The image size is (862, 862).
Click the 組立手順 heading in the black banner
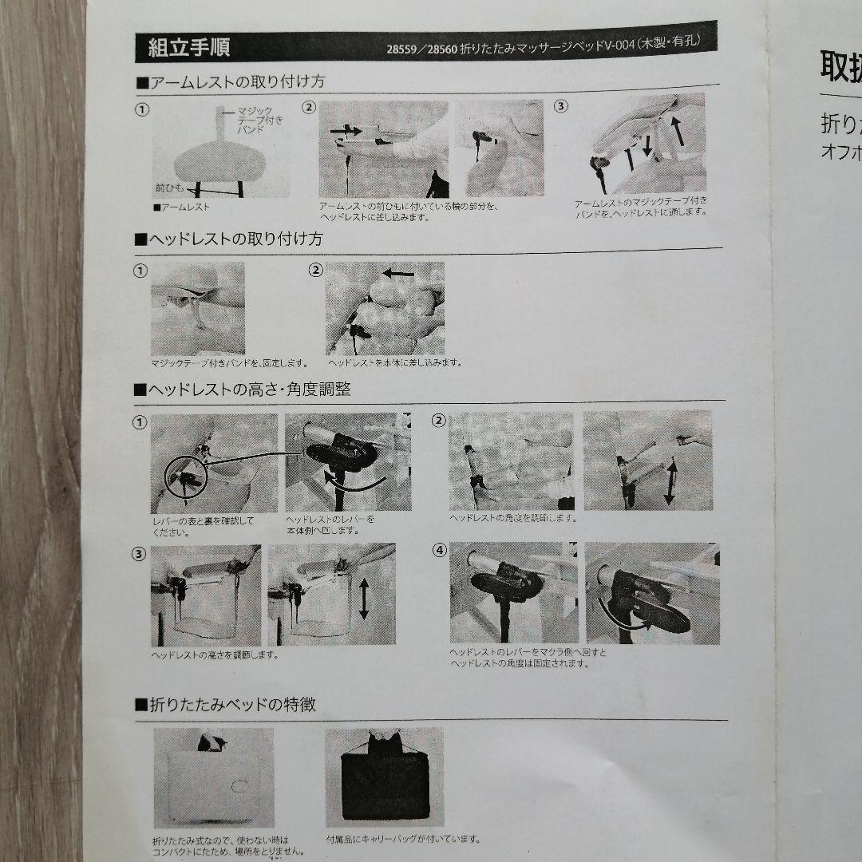pyautogui.click(x=189, y=48)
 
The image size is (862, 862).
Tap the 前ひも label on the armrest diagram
pyautogui.click(x=169, y=188)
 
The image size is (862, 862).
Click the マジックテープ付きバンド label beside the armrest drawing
pyautogui.click(x=255, y=118)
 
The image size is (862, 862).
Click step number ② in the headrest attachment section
pyautogui.click(x=315, y=270)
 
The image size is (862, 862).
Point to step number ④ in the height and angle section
pyautogui.click(x=439, y=550)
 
